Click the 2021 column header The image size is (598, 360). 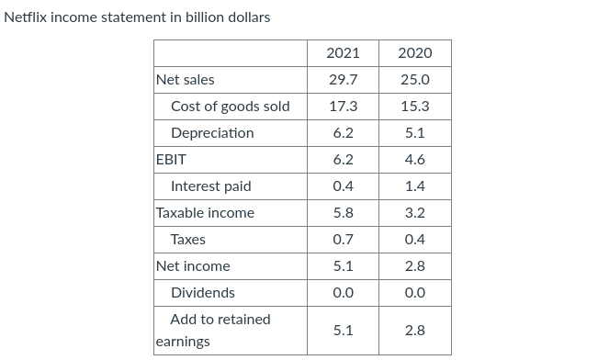click(x=343, y=52)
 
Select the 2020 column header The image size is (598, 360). click(x=414, y=52)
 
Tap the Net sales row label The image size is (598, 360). click(x=186, y=79)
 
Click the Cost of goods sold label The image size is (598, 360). click(x=230, y=106)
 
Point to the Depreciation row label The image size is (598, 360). click(x=212, y=132)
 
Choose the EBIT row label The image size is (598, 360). click(x=172, y=159)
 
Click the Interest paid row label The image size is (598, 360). click(x=210, y=186)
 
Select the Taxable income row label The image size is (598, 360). click(x=205, y=212)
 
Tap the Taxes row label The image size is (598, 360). click(x=188, y=239)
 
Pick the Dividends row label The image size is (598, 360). click(x=202, y=292)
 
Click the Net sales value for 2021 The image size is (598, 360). click(x=343, y=79)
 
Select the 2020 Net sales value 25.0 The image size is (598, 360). click(x=414, y=79)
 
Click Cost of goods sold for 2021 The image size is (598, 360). click(x=343, y=106)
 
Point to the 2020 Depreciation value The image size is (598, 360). click(x=414, y=132)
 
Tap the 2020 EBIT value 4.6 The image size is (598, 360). click(x=414, y=159)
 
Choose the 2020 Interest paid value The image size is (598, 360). click(x=414, y=186)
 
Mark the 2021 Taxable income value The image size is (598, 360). click(x=343, y=212)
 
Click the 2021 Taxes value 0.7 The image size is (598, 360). click(x=343, y=239)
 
